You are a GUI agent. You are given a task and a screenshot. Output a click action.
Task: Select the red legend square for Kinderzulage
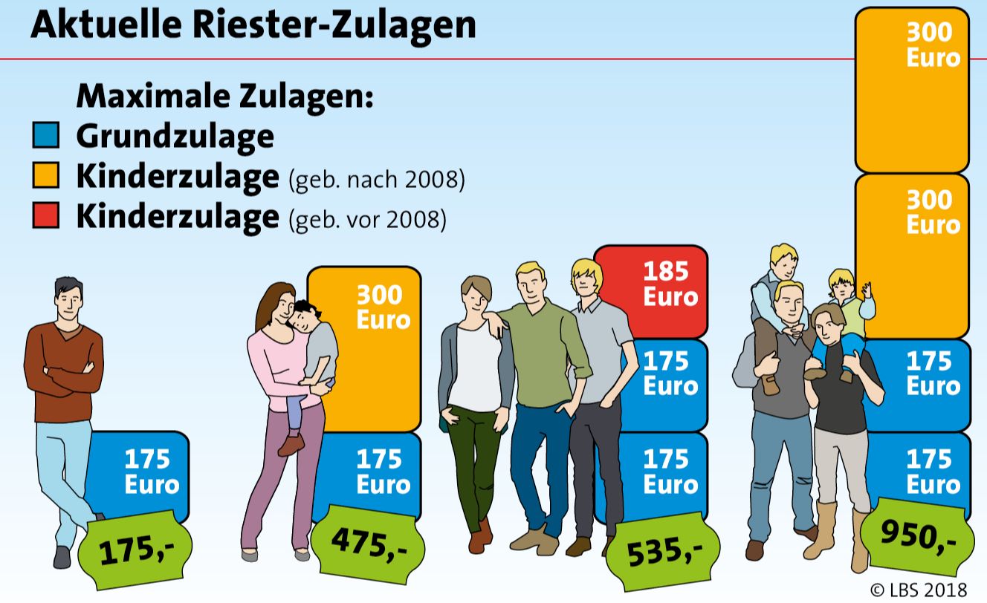coord(45,217)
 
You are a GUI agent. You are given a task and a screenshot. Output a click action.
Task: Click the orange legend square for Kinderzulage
coord(45,177)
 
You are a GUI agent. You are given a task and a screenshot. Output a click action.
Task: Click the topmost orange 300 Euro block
coord(913,89)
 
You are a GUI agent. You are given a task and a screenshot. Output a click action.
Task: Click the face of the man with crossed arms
coord(69,303)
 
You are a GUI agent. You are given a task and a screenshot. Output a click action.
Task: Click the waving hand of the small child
coord(867,287)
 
